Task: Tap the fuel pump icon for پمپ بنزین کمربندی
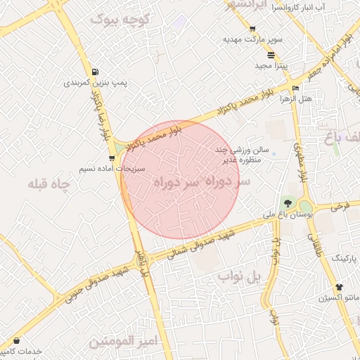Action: coord(96,72)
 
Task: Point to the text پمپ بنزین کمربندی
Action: coord(96,83)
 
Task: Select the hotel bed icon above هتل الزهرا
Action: coord(295,89)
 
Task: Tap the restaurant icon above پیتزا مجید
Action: coord(271,54)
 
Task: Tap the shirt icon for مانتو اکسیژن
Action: coord(340,288)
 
